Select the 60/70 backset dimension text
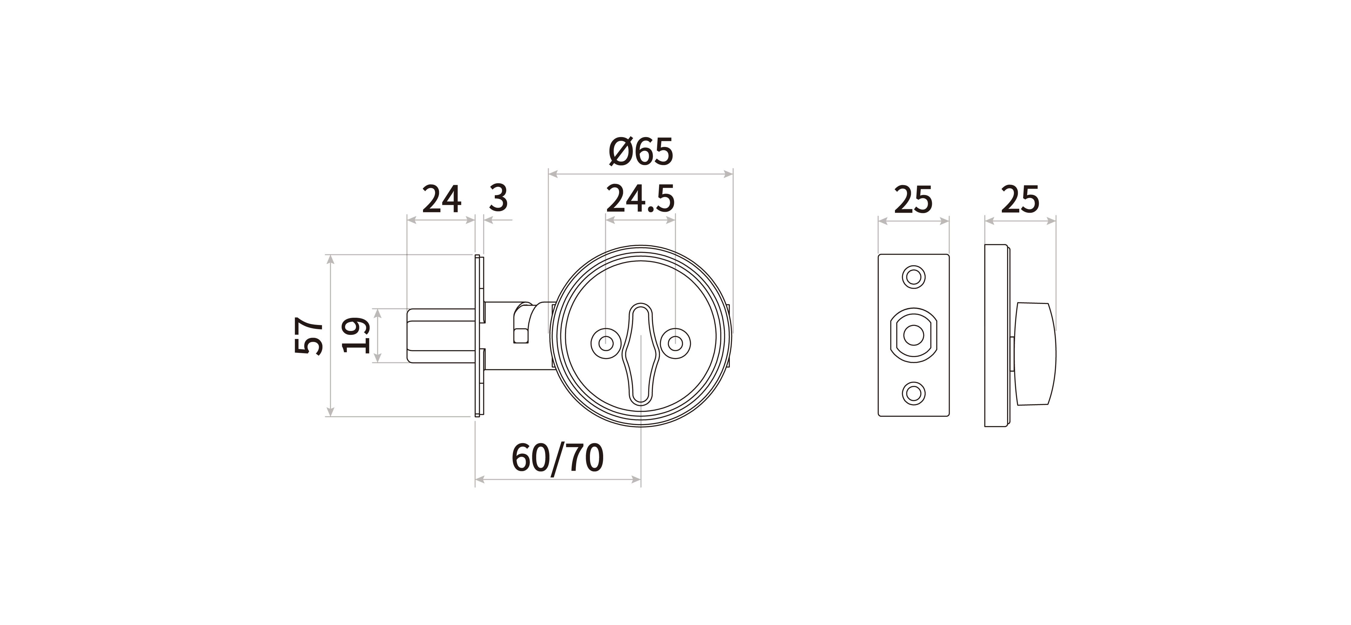(x=558, y=458)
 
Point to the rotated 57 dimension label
(x=309, y=335)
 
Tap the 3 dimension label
(x=498, y=199)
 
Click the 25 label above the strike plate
(x=913, y=200)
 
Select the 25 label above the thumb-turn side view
(x=1020, y=200)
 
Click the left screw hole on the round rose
(x=606, y=344)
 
